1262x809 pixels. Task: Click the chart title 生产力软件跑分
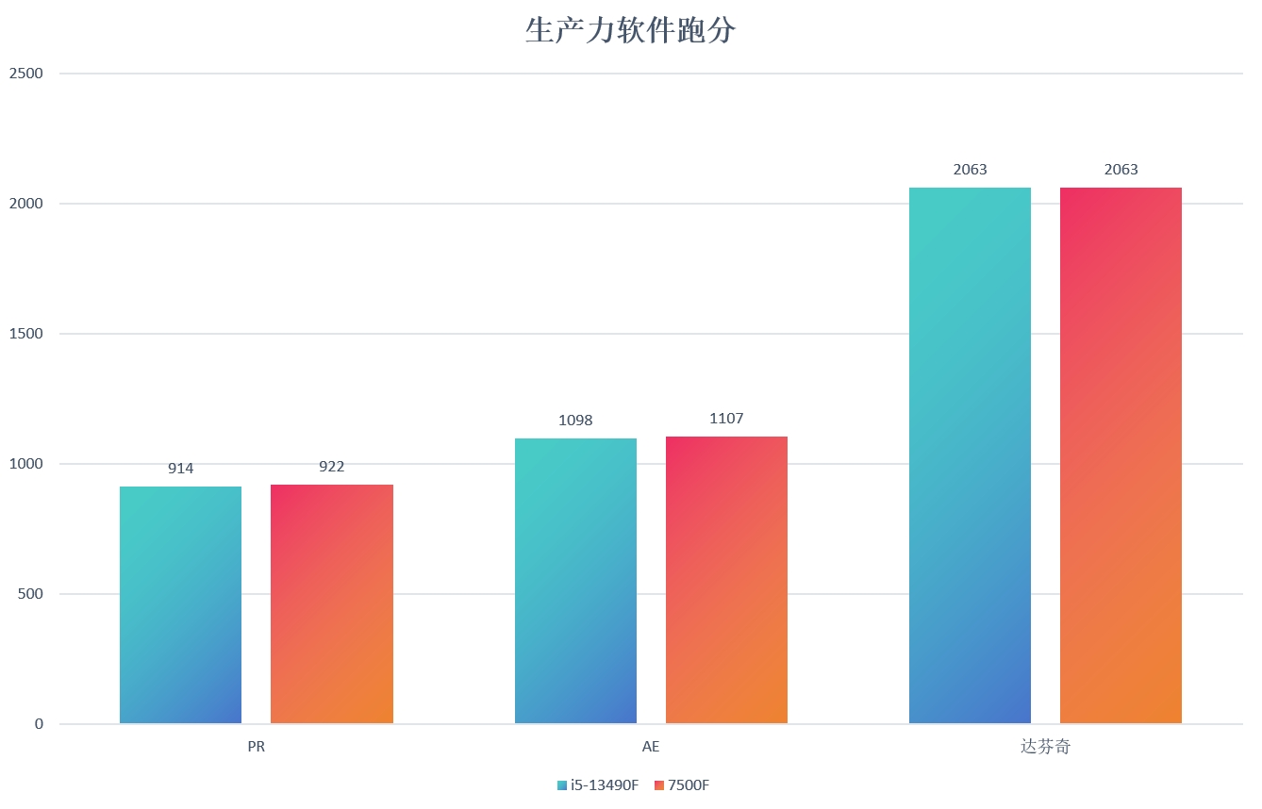click(x=630, y=31)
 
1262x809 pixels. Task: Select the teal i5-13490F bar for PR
click(x=180, y=604)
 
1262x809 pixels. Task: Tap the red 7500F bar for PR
click(x=332, y=603)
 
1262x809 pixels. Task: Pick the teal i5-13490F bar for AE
click(x=575, y=581)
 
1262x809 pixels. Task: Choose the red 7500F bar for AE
click(x=726, y=580)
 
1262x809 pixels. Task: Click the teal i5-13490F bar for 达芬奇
click(x=970, y=455)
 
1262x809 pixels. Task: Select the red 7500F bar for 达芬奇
click(x=1121, y=455)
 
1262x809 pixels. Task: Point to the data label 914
click(x=180, y=469)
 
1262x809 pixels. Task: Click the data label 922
click(x=332, y=467)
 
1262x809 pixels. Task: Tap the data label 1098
click(x=575, y=421)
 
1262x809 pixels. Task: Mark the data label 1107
click(x=726, y=419)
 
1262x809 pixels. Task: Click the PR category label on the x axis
click(x=257, y=747)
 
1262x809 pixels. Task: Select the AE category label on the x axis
click(x=651, y=747)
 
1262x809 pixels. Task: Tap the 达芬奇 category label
click(x=1045, y=747)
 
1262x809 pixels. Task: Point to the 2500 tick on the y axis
click(x=26, y=74)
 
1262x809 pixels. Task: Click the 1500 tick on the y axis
click(x=26, y=334)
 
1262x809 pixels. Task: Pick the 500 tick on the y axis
click(x=31, y=594)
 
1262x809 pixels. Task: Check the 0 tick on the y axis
click(x=40, y=724)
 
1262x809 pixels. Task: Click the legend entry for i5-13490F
click(x=598, y=785)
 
